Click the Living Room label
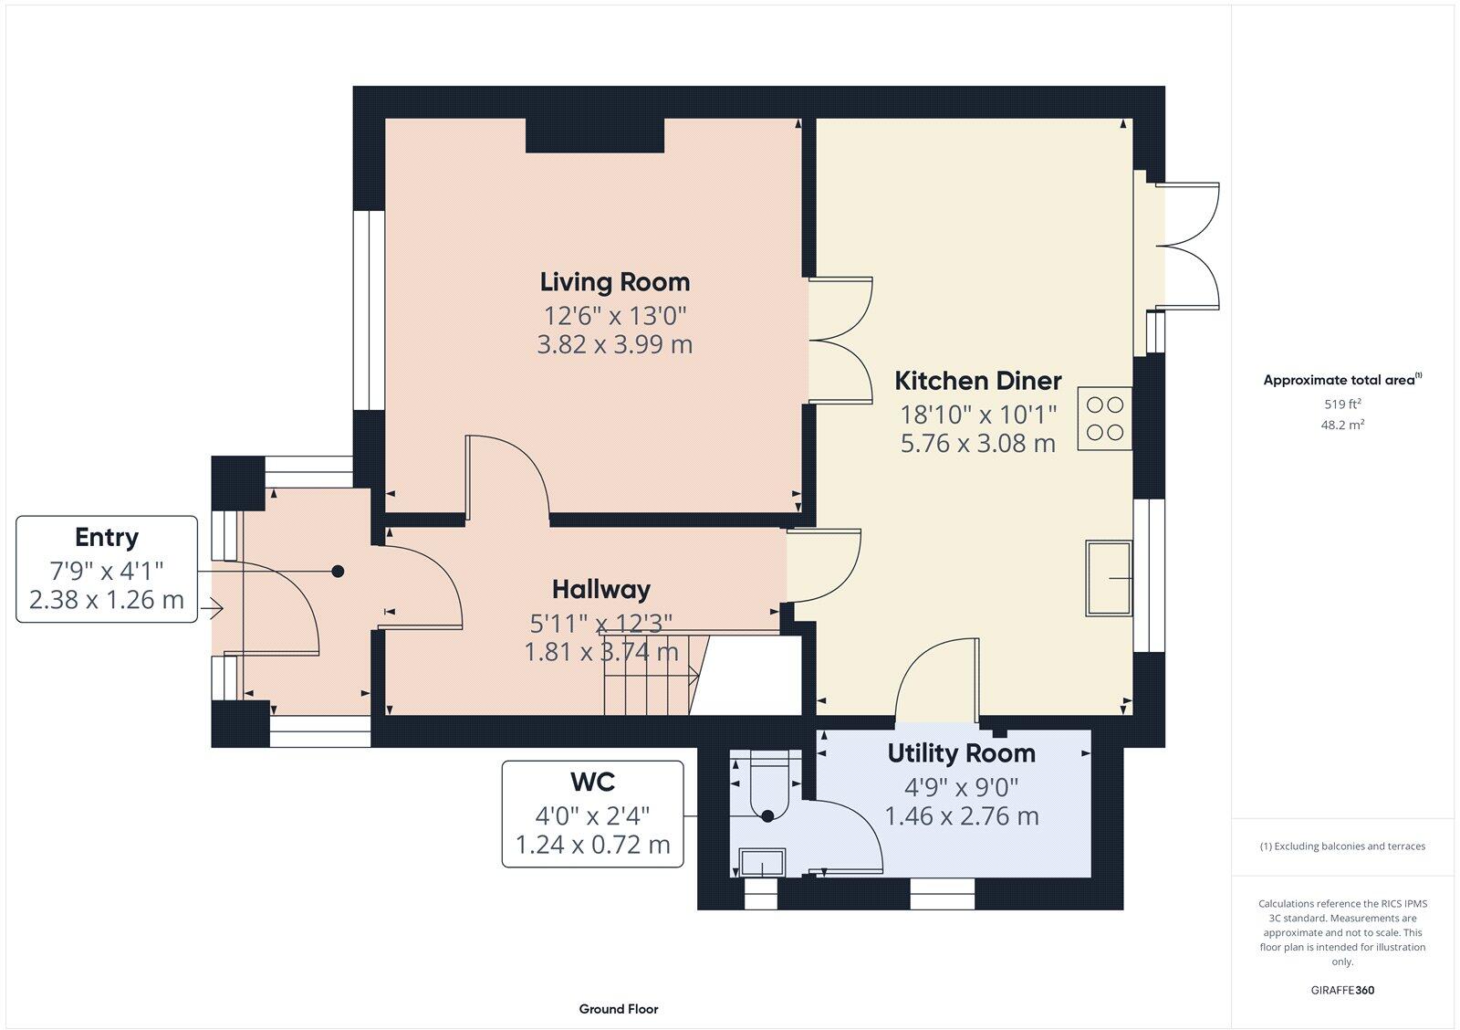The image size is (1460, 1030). coord(614,282)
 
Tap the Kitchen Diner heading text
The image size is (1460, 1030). coord(977,381)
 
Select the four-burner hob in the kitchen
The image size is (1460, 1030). coord(1105,419)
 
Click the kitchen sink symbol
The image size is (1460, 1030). coord(1108,578)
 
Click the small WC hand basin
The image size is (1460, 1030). coord(762,862)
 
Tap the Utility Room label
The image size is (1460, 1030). coord(961,753)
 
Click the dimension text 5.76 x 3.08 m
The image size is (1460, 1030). coord(977,444)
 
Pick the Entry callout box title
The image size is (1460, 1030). coord(107,537)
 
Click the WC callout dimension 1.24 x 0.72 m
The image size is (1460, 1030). coord(592,846)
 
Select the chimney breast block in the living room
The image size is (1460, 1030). coord(594,135)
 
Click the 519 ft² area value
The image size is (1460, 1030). coord(1342,404)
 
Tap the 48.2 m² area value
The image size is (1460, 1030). coord(1342,425)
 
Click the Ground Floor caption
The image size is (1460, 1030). coord(618,1009)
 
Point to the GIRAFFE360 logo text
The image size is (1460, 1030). coord(1342,990)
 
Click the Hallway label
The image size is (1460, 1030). coord(600,589)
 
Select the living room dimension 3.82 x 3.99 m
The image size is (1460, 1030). coord(614,345)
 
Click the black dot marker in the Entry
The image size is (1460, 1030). coord(338,572)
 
